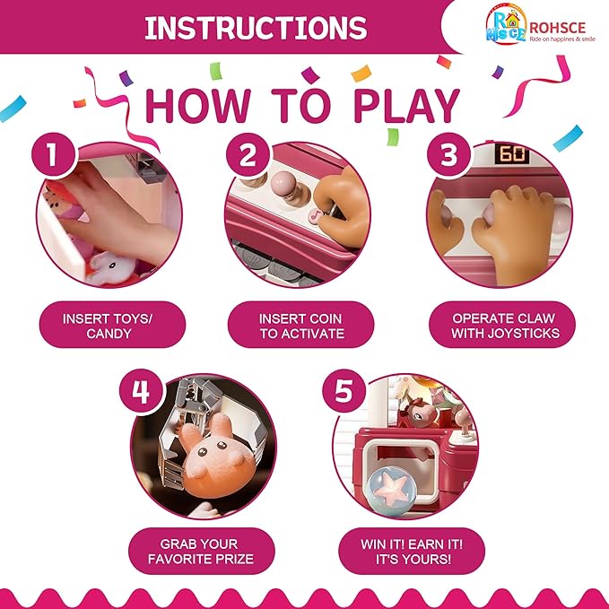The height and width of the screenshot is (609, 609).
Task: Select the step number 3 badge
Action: click(x=447, y=155)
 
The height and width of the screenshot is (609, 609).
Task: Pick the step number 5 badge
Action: click(x=345, y=393)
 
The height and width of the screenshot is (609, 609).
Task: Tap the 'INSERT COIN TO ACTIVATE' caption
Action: click(x=300, y=325)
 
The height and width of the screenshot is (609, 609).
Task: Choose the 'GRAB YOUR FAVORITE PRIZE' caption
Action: click(x=200, y=551)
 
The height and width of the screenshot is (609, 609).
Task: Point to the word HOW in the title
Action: click(x=199, y=106)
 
